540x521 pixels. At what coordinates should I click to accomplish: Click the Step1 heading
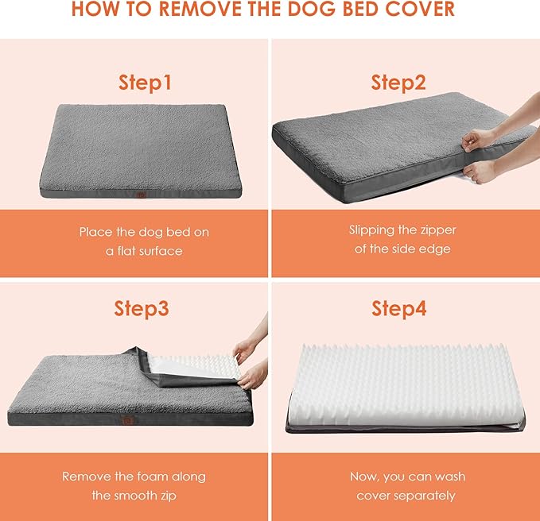pos(146,82)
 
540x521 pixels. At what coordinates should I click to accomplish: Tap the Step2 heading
pos(398,82)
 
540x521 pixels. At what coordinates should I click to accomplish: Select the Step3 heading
pos(142,309)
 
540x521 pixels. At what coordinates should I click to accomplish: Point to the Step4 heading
pos(398,309)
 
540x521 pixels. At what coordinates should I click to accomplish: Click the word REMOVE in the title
pos(210,11)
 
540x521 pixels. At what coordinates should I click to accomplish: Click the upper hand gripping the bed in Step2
pos(479,139)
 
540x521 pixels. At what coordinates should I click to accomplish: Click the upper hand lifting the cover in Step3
pos(247,347)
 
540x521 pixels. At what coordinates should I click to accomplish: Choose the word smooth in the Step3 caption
pos(135,496)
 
